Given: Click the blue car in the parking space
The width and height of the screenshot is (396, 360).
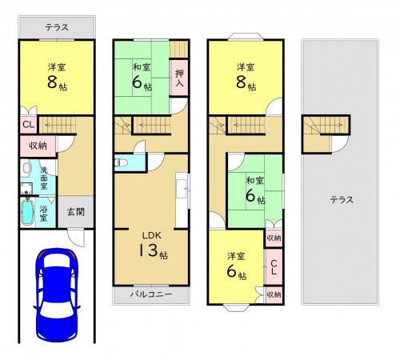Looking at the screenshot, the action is pyautogui.click(x=57, y=295).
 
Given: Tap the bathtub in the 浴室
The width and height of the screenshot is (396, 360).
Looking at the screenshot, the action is pyautogui.click(x=27, y=212).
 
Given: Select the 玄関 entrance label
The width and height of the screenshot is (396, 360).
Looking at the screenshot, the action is pyautogui.click(x=76, y=212).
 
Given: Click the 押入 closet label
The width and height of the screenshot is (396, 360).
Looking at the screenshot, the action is pyautogui.click(x=179, y=78).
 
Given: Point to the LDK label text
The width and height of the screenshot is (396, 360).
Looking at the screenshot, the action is pyautogui.click(x=151, y=235).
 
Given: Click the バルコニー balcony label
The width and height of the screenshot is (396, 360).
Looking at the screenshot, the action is pyautogui.click(x=151, y=294).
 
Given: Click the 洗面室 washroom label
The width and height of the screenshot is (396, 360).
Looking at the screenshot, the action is pyautogui.click(x=44, y=178).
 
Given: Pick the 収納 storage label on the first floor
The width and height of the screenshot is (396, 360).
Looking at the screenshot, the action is pyautogui.click(x=38, y=146).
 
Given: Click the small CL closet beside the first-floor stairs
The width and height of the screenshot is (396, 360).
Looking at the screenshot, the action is pyautogui.click(x=29, y=125).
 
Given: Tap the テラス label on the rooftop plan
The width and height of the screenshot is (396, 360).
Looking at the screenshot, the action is pyautogui.click(x=342, y=199).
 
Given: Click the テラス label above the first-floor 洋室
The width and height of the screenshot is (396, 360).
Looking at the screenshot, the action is pyautogui.click(x=57, y=27).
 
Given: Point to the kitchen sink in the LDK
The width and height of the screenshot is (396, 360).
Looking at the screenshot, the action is pyautogui.click(x=182, y=189).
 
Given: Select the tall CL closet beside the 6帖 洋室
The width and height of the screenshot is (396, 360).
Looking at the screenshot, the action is pyautogui.click(x=274, y=267).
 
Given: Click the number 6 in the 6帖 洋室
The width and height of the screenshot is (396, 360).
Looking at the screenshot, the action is pyautogui.click(x=232, y=271).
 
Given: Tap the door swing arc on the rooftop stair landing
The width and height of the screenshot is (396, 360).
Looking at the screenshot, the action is pyautogui.click(x=343, y=146).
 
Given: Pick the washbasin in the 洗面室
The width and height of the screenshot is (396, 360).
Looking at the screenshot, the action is pyautogui.click(x=26, y=168).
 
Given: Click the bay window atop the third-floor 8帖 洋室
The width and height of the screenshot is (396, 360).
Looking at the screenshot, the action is pyautogui.click(x=246, y=37).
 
